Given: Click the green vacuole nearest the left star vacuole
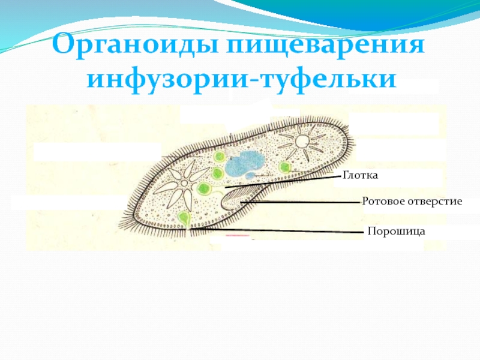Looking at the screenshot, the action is pos(205,190).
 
